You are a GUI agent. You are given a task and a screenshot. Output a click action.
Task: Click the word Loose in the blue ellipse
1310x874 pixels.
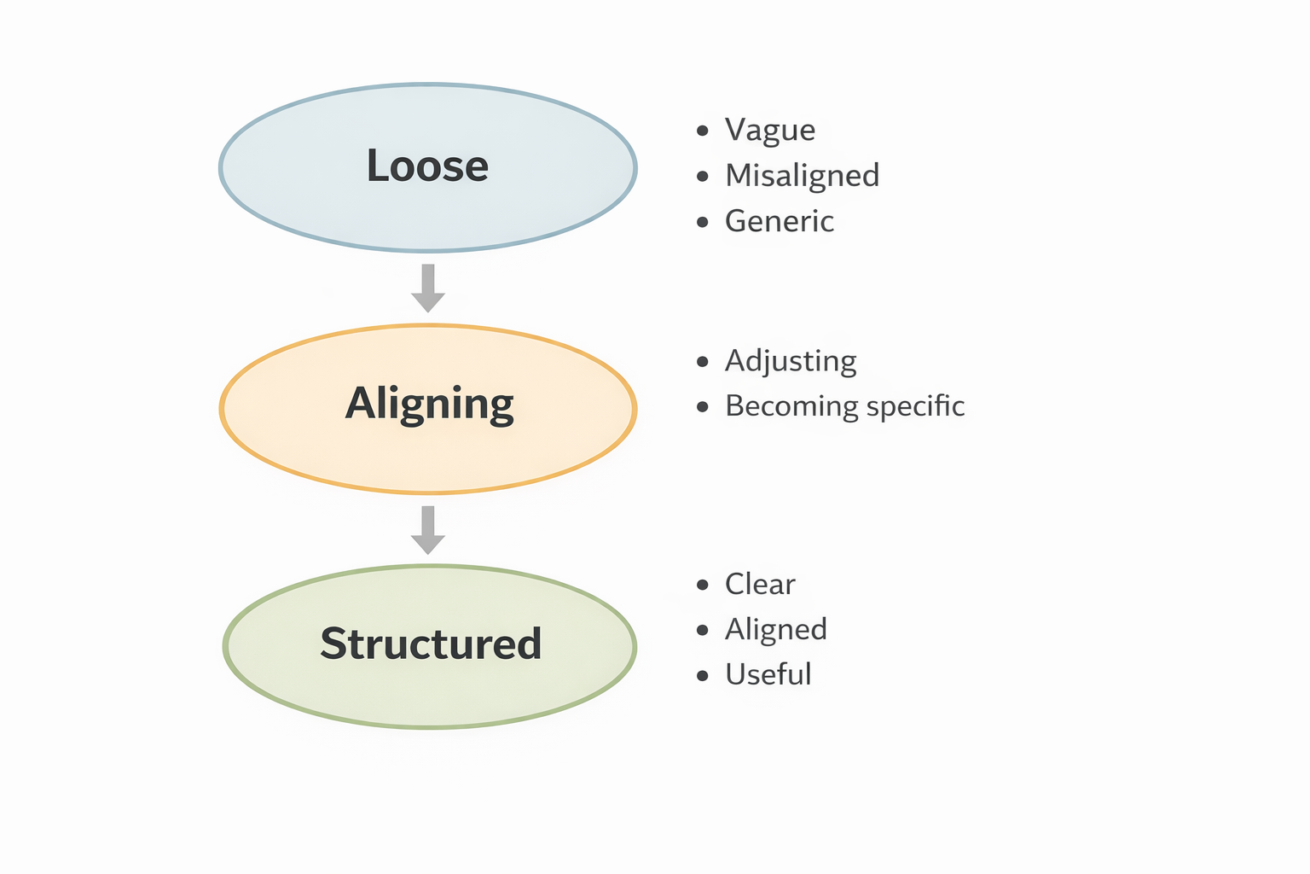[x=427, y=166]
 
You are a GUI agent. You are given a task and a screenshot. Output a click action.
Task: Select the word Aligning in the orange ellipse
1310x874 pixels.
[x=429, y=405]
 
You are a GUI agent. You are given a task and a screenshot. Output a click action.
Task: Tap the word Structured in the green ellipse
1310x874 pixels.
[x=431, y=644]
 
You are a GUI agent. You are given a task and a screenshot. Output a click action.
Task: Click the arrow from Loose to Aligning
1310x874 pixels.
[x=428, y=288]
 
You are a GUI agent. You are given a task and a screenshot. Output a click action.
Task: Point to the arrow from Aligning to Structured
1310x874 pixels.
[x=428, y=530]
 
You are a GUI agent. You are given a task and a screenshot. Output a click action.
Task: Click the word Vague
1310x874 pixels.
[x=770, y=130]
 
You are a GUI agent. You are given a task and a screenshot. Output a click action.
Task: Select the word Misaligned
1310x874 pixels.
[x=803, y=176]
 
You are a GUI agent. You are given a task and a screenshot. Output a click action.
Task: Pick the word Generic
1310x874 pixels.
[x=780, y=221]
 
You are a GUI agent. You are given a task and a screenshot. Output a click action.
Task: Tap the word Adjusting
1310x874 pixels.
[x=791, y=361]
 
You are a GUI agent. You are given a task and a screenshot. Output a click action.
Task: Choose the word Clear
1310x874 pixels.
[x=760, y=584]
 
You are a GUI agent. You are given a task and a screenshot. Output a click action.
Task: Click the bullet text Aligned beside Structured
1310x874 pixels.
[x=776, y=630]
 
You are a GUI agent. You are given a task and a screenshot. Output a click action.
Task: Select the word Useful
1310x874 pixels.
[x=768, y=674]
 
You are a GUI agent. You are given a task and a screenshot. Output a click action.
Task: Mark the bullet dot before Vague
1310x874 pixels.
[x=703, y=131]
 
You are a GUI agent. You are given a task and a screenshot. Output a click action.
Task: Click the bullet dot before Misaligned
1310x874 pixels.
[x=703, y=176]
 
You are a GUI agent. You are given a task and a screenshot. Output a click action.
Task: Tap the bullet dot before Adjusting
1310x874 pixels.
[x=703, y=362]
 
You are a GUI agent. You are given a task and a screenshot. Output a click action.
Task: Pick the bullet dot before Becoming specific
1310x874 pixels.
[x=703, y=407]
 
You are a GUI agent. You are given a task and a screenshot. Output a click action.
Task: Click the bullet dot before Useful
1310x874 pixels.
[x=703, y=675]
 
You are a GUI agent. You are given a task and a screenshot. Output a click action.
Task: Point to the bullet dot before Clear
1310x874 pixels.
[x=703, y=585]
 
